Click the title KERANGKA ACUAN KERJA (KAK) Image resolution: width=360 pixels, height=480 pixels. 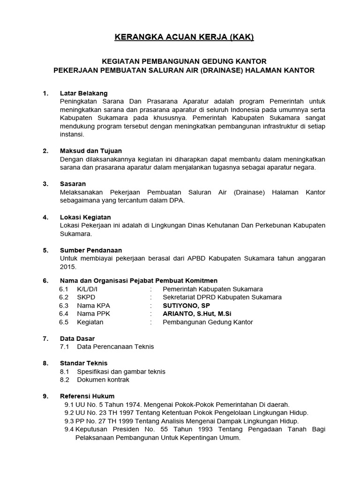pyautogui.click(x=184, y=37)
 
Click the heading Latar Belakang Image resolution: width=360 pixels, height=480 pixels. pyautogui.click(x=84, y=93)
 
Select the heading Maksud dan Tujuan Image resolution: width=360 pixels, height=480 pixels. pyautogui.click(x=91, y=151)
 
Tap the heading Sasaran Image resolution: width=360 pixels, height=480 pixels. pyautogui.click(x=73, y=184)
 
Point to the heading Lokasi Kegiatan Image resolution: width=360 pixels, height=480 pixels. pyautogui.click(x=85, y=217)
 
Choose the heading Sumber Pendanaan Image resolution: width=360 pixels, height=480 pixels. pyautogui.click(x=91, y=250)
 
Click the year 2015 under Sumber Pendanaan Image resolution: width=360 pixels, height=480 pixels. pyautogui.click(x=67, y=267)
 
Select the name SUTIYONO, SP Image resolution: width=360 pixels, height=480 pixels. pyautogui.click(x=186, y=306)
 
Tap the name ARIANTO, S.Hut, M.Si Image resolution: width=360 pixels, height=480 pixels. pyautogui.click(x=197, y=314)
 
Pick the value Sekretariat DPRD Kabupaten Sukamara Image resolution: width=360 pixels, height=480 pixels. pyautogui.click(x=222, y=297)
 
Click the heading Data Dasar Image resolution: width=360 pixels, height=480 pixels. pyautogui.click(x=77, y=338)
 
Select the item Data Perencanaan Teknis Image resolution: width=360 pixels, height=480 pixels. pyautogui.click(x=115, y=347)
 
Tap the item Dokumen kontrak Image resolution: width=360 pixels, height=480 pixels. pyautogui.click(x=103, y=380)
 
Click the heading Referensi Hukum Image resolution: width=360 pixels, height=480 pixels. pyautogui.click(x=87, y=396)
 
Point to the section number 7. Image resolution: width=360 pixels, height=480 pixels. pyautogui.click(x=45, y=338)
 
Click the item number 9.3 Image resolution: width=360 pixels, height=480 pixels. pyautogui.click(x=69, y=421)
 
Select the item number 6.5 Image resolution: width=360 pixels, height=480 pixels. pyautogui.click(x=64, y=322)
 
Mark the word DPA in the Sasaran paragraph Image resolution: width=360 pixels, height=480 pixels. pyautogui.click(x=177, y=201)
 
